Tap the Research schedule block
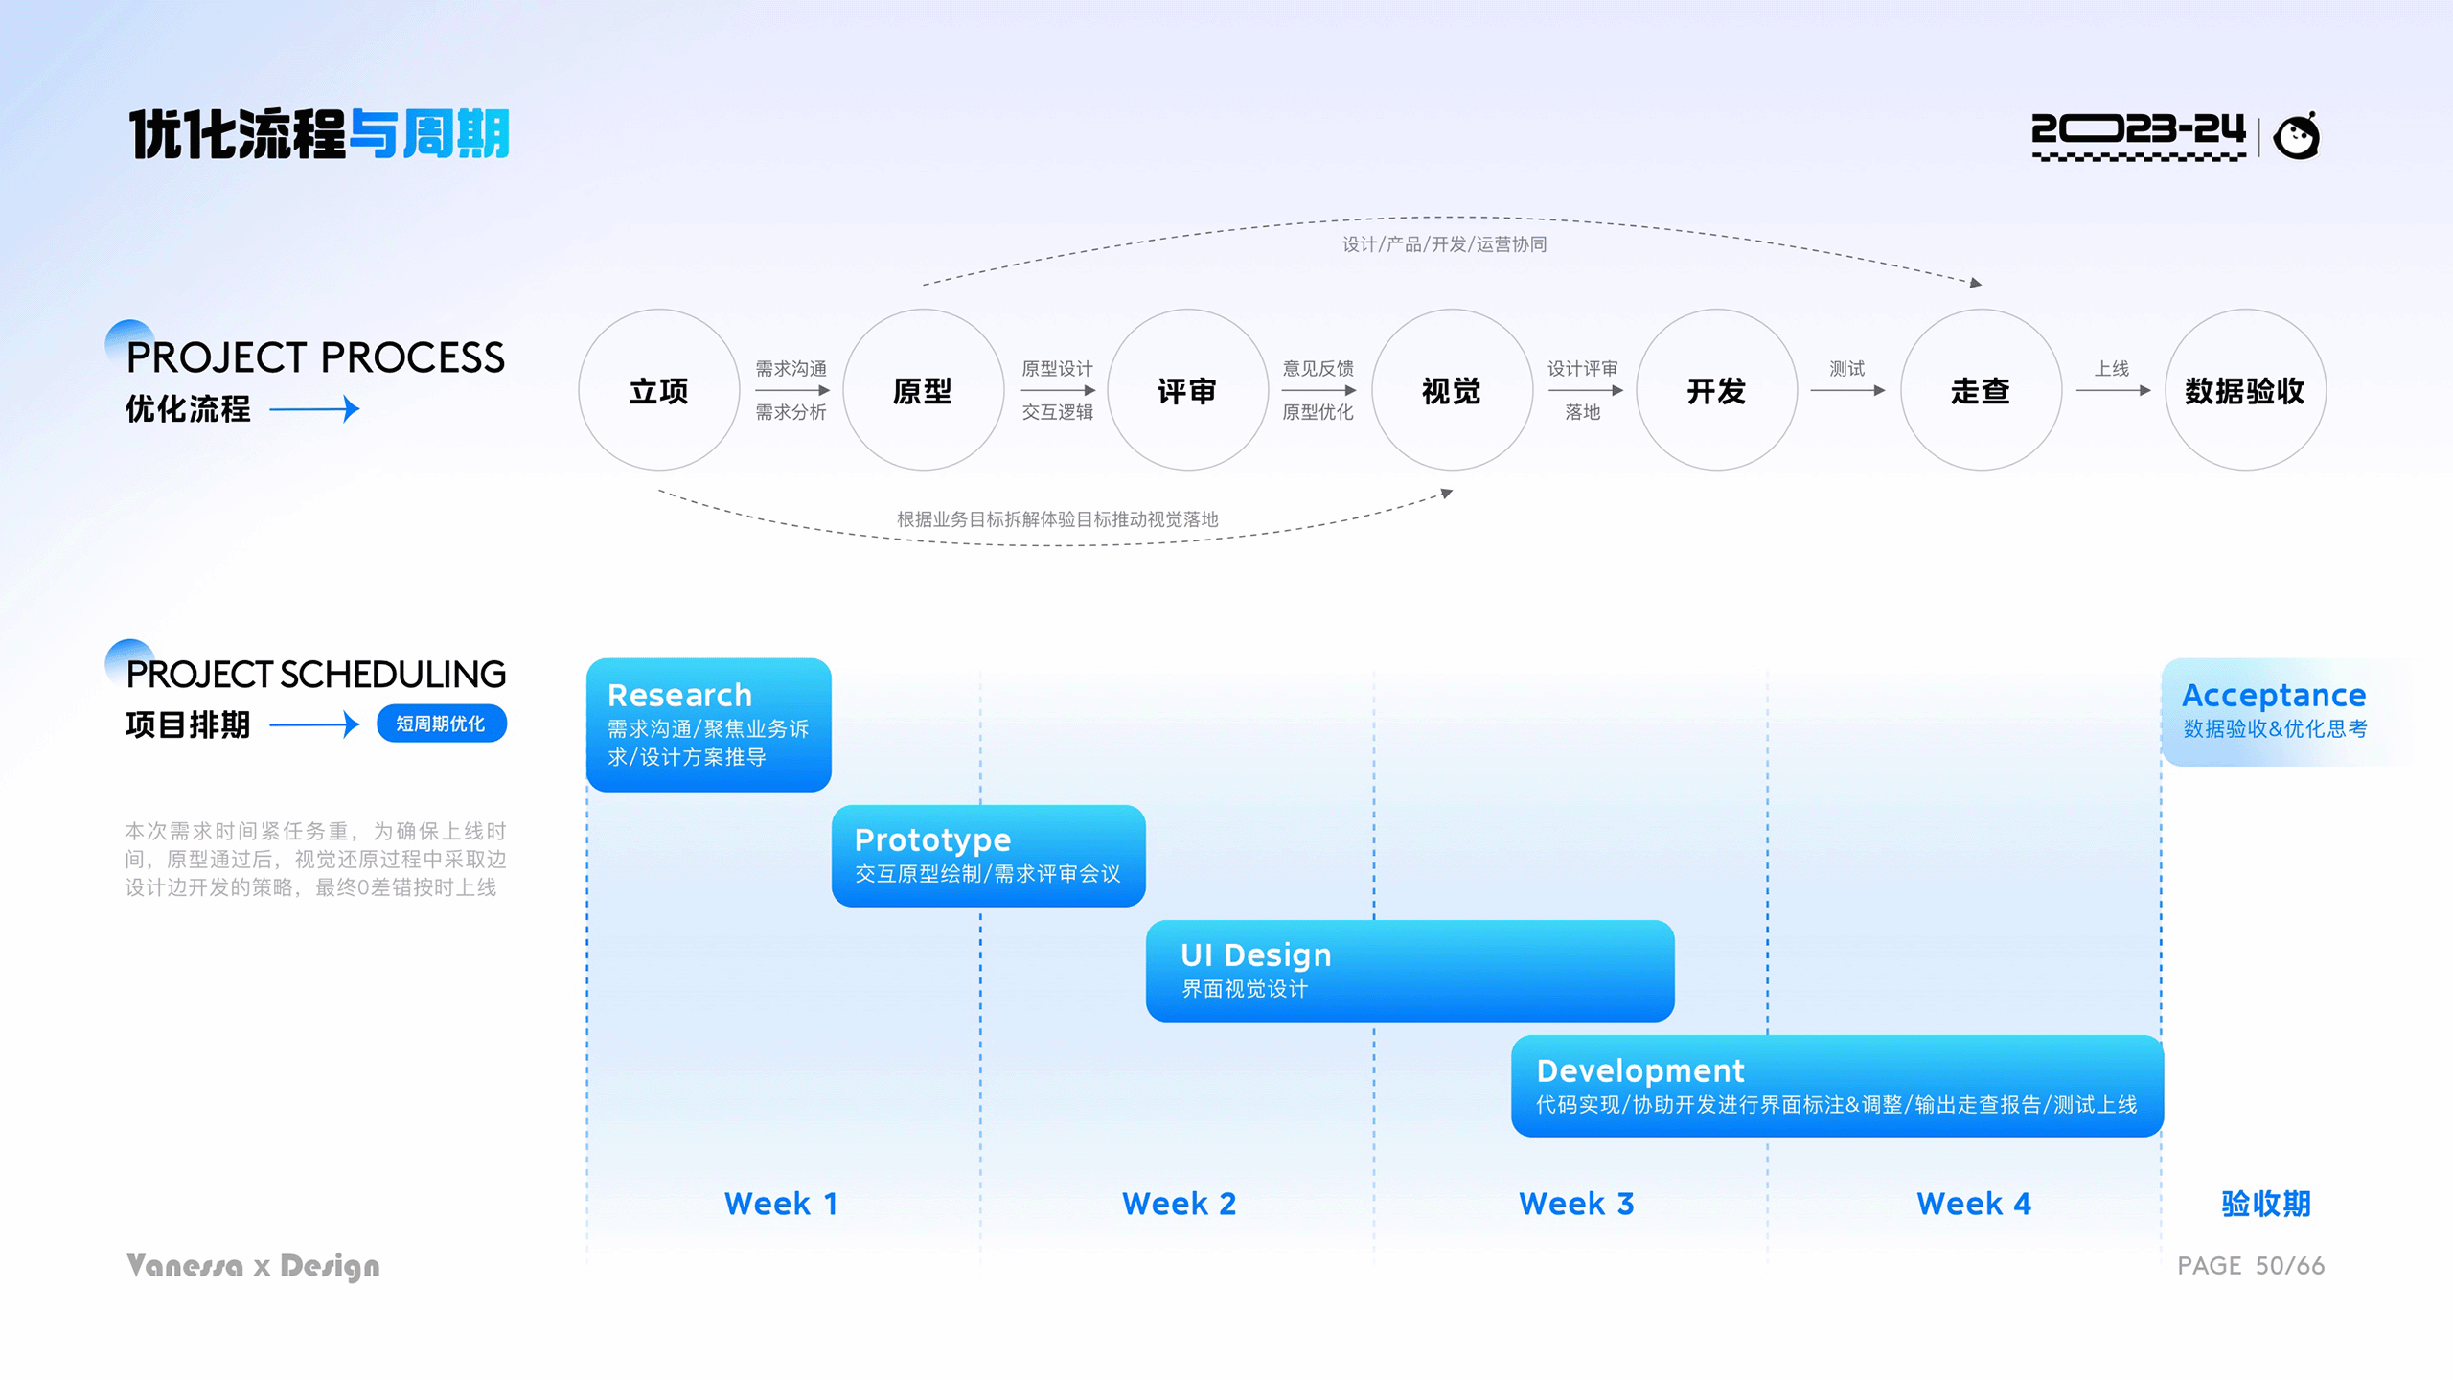[709, 724]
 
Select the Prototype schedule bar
[989, 856]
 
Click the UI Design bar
[1410, 971]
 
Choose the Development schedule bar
[1838, 1086]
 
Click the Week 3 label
[1576, 1204]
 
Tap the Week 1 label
[781, 1204]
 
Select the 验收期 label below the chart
[2266, 1204]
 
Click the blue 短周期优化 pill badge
[442, 724]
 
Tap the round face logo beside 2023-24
[2297, 136]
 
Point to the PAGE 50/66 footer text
[2251, 1266]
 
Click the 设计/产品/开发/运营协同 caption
[1444, 244]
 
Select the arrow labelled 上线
[2114, 390]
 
